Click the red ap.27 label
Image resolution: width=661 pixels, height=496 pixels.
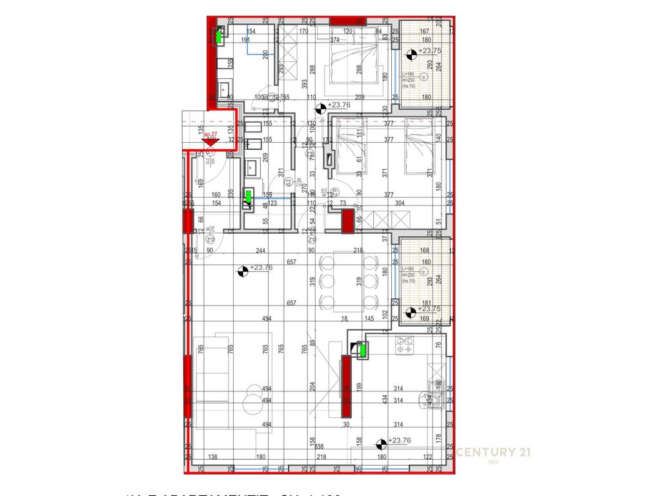[210, 134]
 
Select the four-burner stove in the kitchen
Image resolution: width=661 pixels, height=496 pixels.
[404, 348]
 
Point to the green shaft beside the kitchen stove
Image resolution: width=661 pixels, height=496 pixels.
[362, 351]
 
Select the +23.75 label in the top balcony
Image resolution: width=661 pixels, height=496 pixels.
[430, 51]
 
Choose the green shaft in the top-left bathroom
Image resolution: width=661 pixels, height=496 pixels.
[219, 37]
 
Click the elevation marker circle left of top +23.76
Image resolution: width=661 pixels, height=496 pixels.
[321, 108]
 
